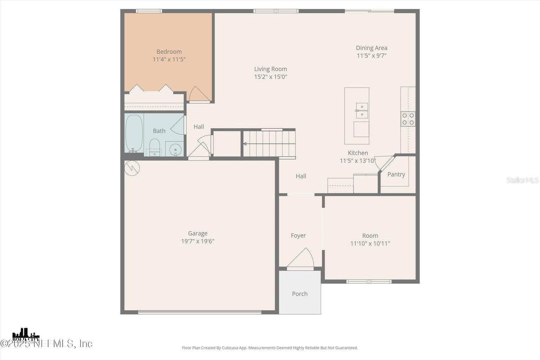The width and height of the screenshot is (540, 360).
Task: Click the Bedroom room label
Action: pos(169,52)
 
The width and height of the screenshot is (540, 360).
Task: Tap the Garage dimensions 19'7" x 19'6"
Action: pos(198,241)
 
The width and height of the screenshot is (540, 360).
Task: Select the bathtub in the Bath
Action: pos(134,133)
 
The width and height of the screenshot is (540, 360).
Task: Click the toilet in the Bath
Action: pos(155,146)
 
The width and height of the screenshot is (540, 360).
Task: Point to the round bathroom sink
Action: pos(175,149)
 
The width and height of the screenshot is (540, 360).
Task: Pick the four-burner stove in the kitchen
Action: pos(408,119)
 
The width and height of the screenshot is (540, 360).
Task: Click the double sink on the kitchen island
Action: pos(362,110)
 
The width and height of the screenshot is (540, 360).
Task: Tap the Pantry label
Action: pos(396,174)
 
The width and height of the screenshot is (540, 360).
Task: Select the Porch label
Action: pos(300,294)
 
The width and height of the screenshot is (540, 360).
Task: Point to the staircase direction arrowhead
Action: pos(245,144)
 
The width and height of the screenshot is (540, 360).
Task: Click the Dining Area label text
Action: pos(372,48)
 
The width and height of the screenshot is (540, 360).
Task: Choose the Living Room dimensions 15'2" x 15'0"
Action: pos(271,77)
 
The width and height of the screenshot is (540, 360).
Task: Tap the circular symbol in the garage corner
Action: pos(132,168)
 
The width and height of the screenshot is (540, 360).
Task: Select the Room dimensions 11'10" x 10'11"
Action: pos(370,243)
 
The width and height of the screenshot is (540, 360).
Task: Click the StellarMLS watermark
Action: pos(522,180)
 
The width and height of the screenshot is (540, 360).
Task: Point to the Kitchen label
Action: pos(358,153)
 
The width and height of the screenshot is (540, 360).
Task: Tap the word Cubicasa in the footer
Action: pos(231,348)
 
